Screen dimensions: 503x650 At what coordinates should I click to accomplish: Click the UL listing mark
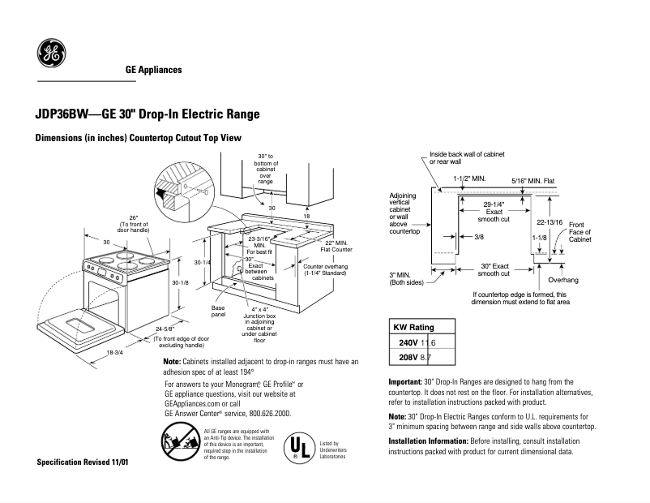tap(297, 449)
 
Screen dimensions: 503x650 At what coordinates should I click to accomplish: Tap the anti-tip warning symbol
tap(176, 445)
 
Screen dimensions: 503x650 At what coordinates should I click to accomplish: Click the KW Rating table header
tap(413, 327)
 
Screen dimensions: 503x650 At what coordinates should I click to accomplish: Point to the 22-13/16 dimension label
tap(550, 221)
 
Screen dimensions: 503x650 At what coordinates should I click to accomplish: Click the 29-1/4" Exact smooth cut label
tap(493, 211)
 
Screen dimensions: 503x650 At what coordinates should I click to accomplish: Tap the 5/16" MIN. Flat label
tap(532, 181)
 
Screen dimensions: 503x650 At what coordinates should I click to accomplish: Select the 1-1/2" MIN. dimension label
tap(469, 177)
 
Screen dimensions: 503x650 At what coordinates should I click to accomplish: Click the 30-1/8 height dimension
tap(181, 282)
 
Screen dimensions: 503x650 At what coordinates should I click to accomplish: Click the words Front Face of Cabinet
tap(579, 232)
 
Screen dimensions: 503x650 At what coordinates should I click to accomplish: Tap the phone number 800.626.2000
tap(265, 413)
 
